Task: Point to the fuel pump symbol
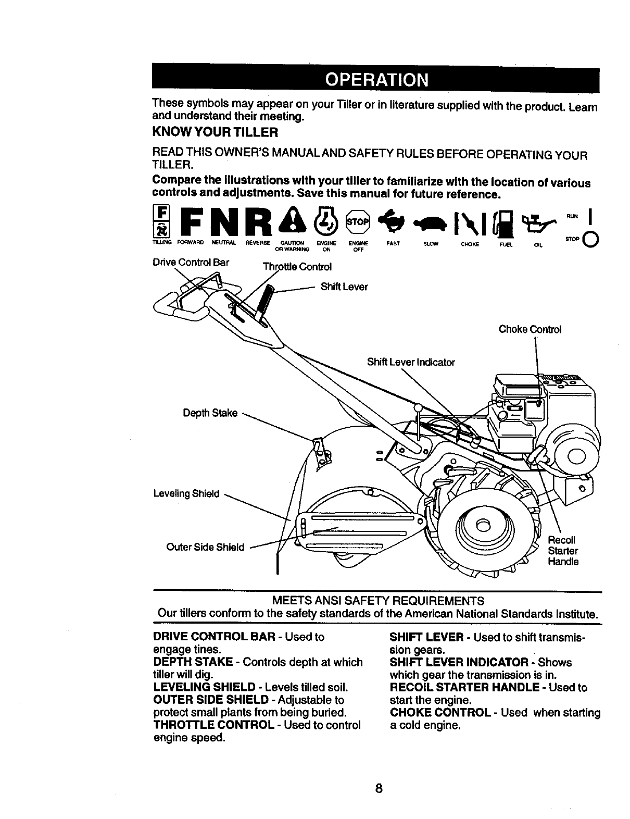click(500, 221)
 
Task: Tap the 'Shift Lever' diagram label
click(344, 287)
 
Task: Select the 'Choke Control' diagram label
click(530, 329)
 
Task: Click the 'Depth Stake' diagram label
click(210, 413)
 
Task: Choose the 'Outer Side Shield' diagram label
click(205, 547)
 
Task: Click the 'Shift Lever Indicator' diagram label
click(411, 362)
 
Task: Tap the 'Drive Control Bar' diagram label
click(191, 262)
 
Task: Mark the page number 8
click(379, 788)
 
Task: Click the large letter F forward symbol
click(193, 221)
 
